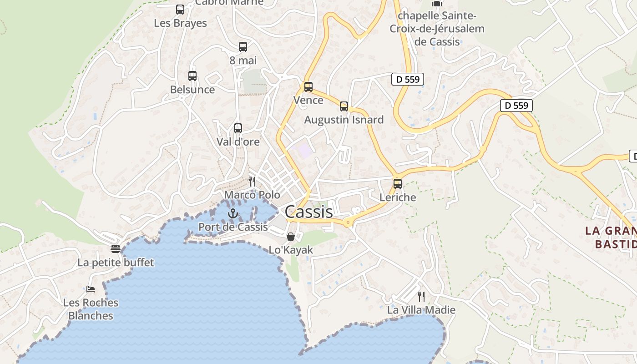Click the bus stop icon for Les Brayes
[x=180, y=9]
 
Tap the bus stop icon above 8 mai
[x=243, y=46]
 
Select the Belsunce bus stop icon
[x=192, y=76]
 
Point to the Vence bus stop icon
[x=308, y=87]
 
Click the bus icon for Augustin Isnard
[x=344, y=106]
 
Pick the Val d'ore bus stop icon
[x=238, y=128]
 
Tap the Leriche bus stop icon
[x=398, y=184]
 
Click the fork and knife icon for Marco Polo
[x=252, y=182]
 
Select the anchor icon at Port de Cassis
[x=233, y=213]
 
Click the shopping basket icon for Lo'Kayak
[x=291, y=237]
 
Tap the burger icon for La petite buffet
[x=116, y=249]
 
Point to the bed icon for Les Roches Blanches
[x=91, y=289]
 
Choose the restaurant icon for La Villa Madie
[x=421, y=297]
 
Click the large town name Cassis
[x=309, y=212]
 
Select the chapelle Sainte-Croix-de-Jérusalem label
[x=437, y=29]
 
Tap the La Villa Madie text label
[x=421, y=310]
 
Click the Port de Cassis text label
[x=233, y=227]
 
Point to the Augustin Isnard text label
[x=344, y=120]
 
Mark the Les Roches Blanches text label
[x=91, y=309]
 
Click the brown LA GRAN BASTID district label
[x=611, y=237]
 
